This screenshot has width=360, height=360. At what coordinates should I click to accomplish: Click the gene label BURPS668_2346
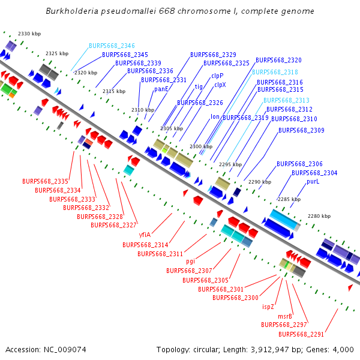(112, 46)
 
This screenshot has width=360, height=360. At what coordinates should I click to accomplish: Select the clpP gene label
(217, 76)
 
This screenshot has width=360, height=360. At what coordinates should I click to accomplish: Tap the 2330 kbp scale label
(29, 34)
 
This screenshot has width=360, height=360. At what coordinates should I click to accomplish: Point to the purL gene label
(313, 181)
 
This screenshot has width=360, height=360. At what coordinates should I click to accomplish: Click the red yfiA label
(145, 235)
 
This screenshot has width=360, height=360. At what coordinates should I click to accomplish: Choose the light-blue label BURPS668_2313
(286, 100)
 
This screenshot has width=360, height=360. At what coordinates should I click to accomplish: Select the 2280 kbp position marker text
(319, 216)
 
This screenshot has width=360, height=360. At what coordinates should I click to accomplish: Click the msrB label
(285, 316)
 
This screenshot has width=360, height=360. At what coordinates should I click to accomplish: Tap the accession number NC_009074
(65, 350)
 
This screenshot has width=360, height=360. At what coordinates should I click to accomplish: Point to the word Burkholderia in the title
(72, 11)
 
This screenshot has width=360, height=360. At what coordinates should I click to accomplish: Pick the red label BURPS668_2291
(301, 334)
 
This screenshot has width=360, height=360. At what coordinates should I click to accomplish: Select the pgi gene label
(191, 261)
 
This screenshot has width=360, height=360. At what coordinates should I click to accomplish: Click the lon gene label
(215, 116)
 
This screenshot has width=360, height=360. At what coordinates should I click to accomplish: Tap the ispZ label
(268, 307)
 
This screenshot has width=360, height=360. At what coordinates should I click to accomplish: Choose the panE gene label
(161, 89)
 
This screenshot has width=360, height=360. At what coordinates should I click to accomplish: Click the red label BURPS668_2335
(45, 181)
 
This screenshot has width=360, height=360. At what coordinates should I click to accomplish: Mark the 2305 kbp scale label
(172, 128)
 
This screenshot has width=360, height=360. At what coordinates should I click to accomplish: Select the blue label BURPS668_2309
(301, 130)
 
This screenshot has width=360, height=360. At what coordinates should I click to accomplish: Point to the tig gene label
(199, 86)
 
